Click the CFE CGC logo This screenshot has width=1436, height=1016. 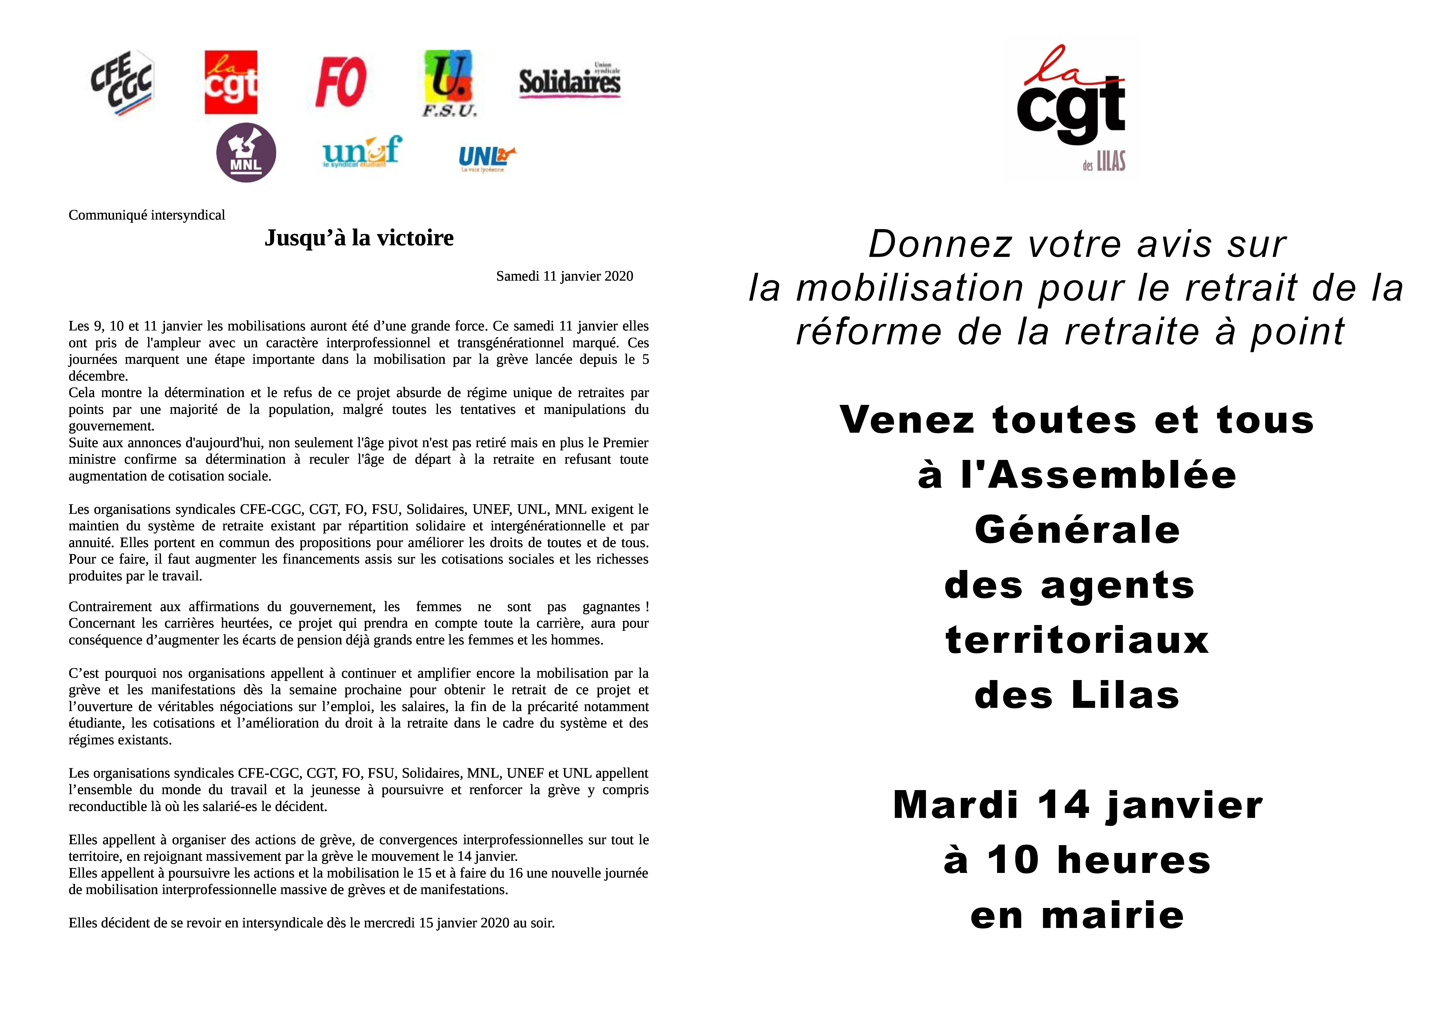pos(122,83)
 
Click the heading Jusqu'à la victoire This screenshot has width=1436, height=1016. pos(359,238)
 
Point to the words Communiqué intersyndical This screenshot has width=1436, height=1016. pos(147,215)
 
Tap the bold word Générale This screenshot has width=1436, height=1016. pos(1077,530)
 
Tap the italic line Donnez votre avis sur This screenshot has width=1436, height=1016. pos(1077,244)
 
